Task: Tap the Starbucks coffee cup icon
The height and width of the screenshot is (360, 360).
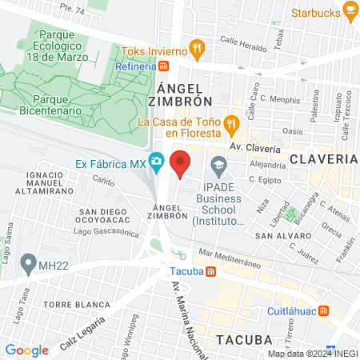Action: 350,10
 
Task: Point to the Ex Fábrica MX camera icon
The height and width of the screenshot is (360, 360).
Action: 157,163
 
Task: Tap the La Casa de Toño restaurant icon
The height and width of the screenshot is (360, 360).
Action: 232,122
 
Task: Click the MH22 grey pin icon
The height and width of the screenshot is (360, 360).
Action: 29,262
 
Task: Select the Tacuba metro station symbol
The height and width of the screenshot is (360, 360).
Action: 210,270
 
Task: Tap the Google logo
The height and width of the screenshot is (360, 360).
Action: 26,350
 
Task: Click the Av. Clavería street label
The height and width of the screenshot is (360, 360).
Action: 255,148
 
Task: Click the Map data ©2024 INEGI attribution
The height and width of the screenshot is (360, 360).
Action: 313,353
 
